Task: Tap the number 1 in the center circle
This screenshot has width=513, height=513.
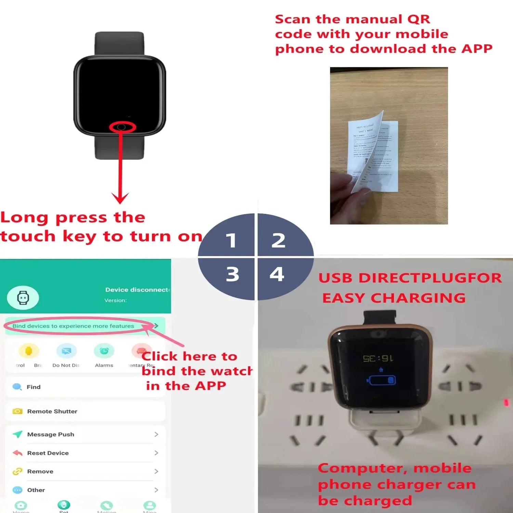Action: coord(231,240)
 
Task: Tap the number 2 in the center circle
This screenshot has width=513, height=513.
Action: coord(278,240)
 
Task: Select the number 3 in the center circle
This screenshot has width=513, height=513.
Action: coord(233,274)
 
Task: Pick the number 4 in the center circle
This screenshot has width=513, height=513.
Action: coord(277,274)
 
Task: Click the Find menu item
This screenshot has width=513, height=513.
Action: coord(34,387)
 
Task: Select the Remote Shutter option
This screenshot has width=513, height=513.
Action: coord(52,411)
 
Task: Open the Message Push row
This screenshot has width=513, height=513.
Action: coord(51,434)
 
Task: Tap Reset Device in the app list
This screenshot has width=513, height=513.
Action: coord(48,453)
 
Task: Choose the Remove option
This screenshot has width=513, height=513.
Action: coord(40,471)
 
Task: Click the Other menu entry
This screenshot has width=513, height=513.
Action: coord(36,490)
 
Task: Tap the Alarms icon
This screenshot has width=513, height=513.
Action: coord(104,352)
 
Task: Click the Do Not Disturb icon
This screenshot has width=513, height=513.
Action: coord(66,352)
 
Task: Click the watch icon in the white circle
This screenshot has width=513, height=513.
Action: coord(23,298)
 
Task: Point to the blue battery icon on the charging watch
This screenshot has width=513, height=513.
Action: coord(381,380)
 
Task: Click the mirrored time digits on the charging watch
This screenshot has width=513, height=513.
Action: coord(378,358)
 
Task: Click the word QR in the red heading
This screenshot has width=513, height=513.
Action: coord(419,19)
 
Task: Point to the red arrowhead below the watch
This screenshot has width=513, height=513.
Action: coord(120,198)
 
